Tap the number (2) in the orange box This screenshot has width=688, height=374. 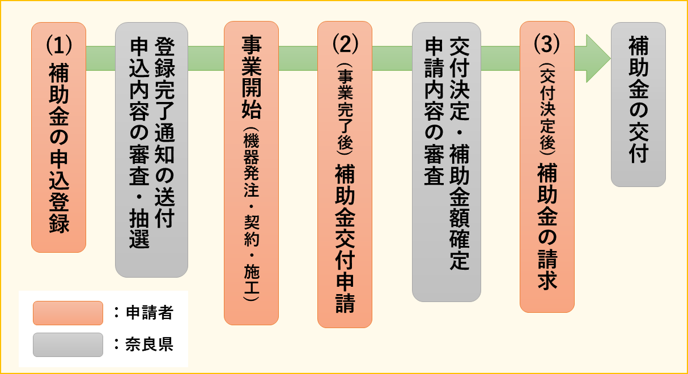pos(344,43)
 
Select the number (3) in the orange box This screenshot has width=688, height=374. pos(547,43)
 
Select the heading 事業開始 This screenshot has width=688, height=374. pos(251,76)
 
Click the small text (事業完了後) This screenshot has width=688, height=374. pos(344,108)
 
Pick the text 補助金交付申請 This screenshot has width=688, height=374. pos(345,238)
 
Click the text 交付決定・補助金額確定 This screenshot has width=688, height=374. pos(459,154)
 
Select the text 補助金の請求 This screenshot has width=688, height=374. pos(547,227)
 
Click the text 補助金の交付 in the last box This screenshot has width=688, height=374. pos(638,99)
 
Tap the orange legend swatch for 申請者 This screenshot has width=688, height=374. pos(67,313)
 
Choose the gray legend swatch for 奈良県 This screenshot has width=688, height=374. pos(67,345)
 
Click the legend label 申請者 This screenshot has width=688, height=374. pos(149,313)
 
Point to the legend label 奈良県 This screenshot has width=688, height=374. pos(149,345)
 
